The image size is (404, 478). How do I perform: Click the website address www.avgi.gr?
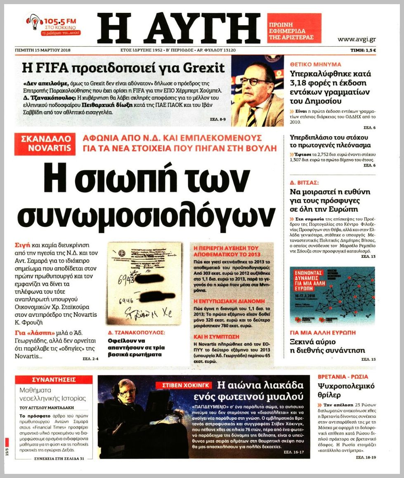coord(356,40)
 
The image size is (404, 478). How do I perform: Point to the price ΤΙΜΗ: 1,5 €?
coord(363,50)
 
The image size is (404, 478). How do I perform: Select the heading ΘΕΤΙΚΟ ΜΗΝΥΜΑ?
coord(316,64)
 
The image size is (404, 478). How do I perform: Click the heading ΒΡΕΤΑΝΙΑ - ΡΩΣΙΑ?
coord(343,377)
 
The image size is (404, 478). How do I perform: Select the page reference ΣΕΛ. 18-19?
coord(365,457)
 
